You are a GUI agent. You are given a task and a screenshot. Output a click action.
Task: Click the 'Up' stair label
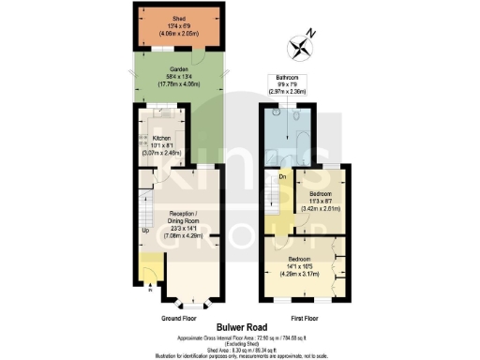[x=144, y=230]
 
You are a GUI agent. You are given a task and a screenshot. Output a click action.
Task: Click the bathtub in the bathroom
[x=309, y=130]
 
